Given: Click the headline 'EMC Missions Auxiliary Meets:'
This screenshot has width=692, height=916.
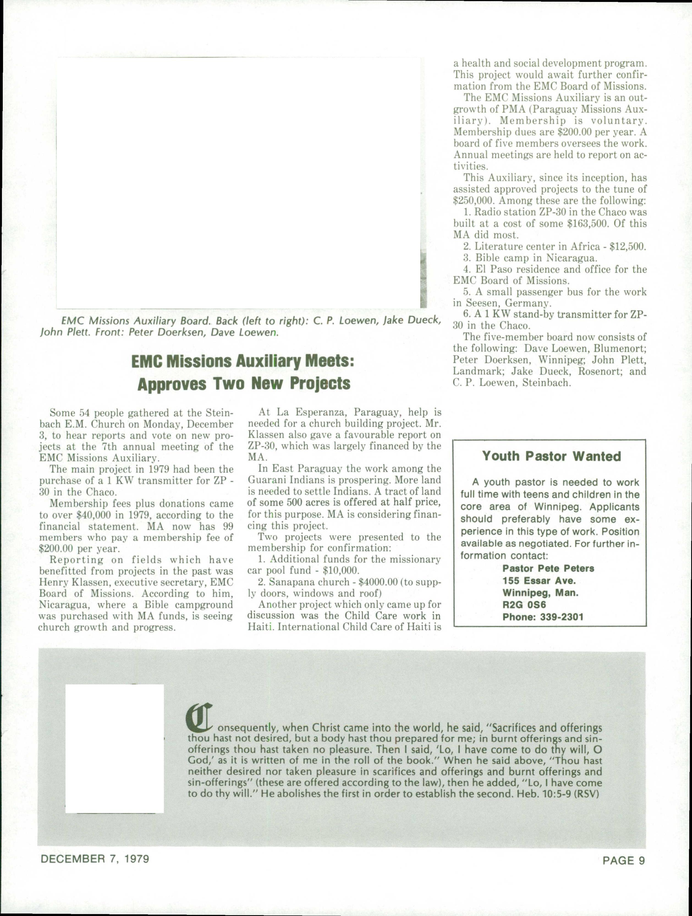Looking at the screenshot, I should [243, 361].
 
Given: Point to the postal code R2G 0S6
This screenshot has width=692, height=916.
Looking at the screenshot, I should [518, 605].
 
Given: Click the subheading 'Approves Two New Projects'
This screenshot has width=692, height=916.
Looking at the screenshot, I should [243, 384].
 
